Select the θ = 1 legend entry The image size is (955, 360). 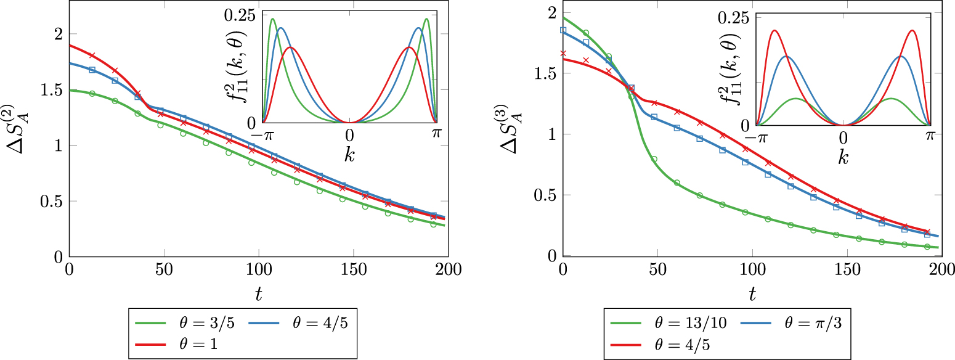(188, 344)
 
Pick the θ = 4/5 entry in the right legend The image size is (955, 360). (675, 344)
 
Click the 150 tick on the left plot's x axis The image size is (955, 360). (353, 269)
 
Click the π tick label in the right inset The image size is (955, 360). (930, 139)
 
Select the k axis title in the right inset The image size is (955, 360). (843, 158)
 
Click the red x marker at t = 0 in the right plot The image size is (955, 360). (563, 54)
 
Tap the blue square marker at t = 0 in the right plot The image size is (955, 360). (563, 30)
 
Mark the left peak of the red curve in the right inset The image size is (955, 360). (774, 31)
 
